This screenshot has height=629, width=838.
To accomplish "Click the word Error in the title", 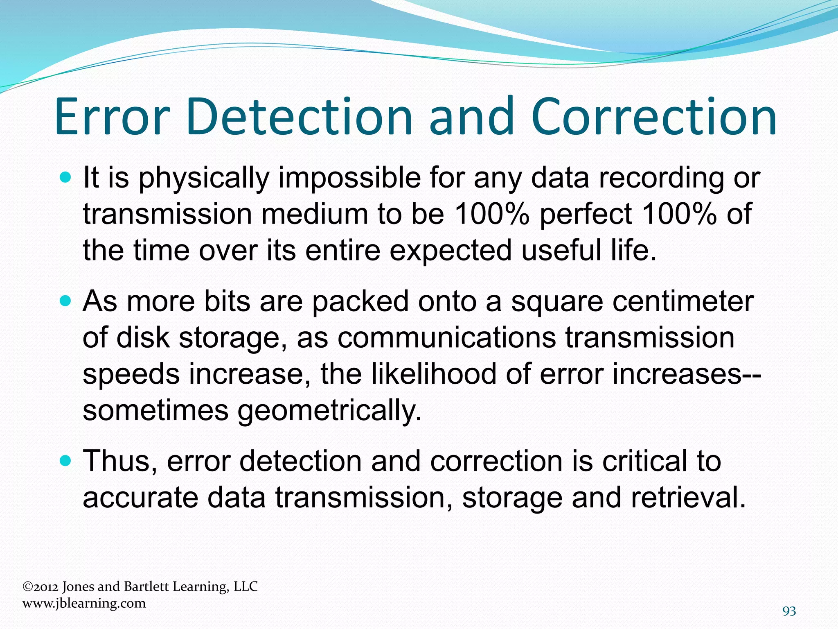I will [112, 117].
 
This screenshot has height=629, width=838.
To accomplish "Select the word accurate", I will [140, 499].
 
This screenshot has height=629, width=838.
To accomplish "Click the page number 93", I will [789, 611].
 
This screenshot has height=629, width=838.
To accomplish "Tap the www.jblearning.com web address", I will [84, 604].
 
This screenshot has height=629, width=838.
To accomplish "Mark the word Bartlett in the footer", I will [146, 587].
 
